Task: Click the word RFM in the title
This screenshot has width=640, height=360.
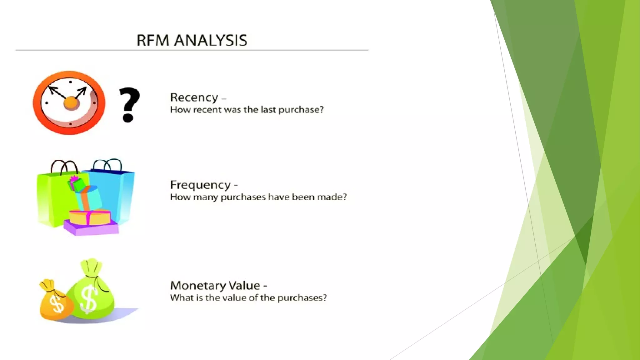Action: [153, 41]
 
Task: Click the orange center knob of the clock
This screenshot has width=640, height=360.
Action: [71, 102]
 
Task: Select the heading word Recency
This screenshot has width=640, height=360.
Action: [194, 97]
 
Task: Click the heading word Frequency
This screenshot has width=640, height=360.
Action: [200, 185]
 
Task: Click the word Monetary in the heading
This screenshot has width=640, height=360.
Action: [197, 285]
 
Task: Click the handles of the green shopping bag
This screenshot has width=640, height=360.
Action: [64, 167]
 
